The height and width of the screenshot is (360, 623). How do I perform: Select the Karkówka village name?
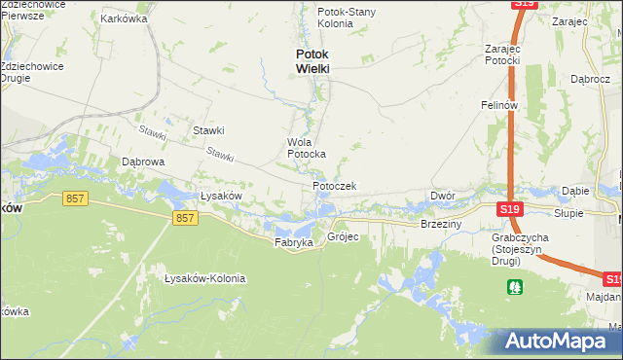123,18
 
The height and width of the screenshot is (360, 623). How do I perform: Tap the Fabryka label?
293,241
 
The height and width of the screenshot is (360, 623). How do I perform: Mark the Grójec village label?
344,236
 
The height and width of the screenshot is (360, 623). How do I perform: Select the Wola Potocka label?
306,148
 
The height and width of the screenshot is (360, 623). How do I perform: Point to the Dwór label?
443,196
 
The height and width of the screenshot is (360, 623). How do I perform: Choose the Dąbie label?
577,192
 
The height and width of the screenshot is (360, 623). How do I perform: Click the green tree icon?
514,286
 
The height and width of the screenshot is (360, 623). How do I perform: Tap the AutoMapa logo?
559,342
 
